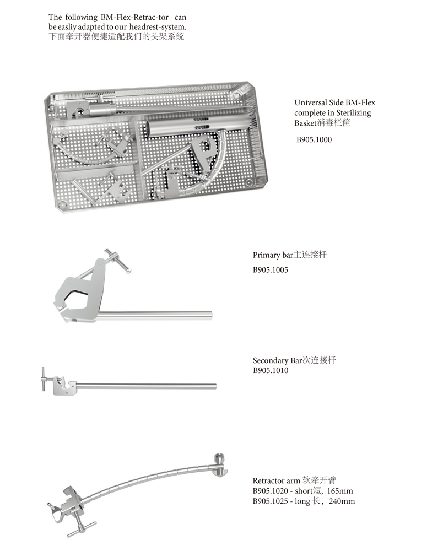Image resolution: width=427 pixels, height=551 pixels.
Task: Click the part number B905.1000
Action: [x=314, y=139]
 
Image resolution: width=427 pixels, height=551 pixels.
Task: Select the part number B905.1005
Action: [x=271, y=270]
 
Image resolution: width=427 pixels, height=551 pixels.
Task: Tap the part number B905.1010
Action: [x=271, y=370]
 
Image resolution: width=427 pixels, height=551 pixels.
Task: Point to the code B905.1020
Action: [x=271, y=491]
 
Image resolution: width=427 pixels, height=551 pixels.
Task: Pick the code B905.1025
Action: [x=271, y=501]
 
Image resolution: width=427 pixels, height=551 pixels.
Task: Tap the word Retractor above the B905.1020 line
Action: [x=266, y=480]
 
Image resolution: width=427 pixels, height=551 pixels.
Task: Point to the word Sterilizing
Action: [x=354, y=113]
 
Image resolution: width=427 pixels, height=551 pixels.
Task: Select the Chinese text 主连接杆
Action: [x=310, y=255]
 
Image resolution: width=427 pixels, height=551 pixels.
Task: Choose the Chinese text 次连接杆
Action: [x=320, y=360]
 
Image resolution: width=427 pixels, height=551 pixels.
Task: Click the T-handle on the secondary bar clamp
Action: [x=43, y=379]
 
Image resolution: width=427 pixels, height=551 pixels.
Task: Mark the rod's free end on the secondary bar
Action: [x=215, y=386]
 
